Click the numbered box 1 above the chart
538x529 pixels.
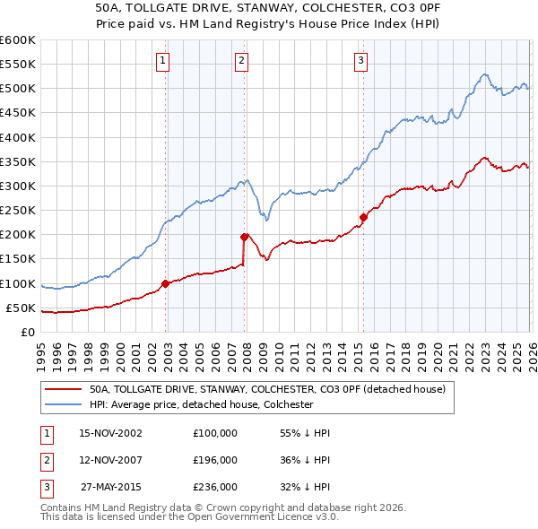point(162,61)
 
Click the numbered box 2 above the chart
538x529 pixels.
point(242,61)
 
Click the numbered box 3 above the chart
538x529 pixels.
point(360,61)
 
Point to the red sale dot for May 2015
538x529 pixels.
point(363,217)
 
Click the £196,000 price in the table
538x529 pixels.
point(215,460)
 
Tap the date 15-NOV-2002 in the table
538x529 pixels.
point(110,433)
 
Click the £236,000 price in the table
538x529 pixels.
point(215,487)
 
